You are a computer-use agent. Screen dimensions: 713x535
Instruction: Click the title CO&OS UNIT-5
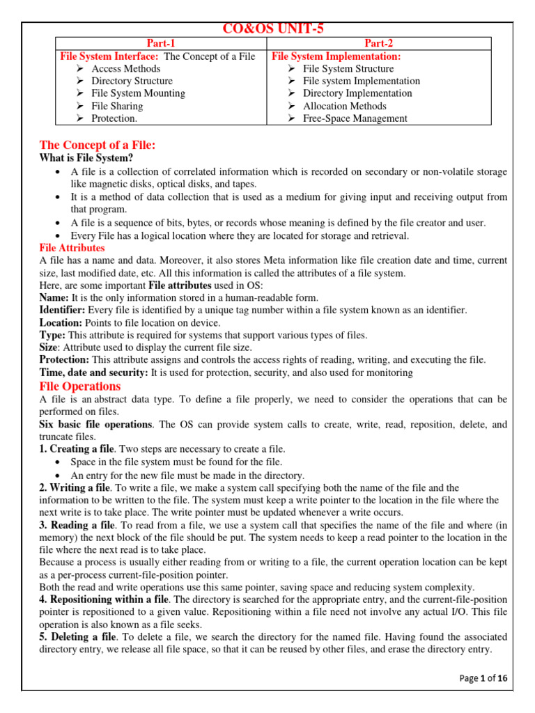click(x=273, y=29)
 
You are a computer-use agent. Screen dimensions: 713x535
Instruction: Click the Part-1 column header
click(x=161, y=43)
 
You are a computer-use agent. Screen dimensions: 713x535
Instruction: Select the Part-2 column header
click(x=380, y=43)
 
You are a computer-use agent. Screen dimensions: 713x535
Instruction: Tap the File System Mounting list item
click(x=138, y=93)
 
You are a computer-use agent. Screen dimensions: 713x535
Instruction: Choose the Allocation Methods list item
click(x=344, y=106)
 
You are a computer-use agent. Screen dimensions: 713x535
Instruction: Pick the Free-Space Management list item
click(x=355, y=118)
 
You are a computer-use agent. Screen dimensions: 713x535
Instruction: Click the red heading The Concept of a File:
click(x=97, y=145)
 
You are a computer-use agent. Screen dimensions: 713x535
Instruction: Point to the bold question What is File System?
click(x=86, y=158)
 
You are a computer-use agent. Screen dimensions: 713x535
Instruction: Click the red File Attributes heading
click(x=72, y=248)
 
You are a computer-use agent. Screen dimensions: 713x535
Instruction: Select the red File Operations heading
click(x=80, y=386)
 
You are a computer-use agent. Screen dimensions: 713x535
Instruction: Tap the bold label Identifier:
click(x=63, y=310)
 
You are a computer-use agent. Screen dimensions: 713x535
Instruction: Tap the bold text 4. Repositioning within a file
click(x=104, y=600)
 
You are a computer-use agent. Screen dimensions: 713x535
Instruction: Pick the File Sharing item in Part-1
click(x=117, y=106)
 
